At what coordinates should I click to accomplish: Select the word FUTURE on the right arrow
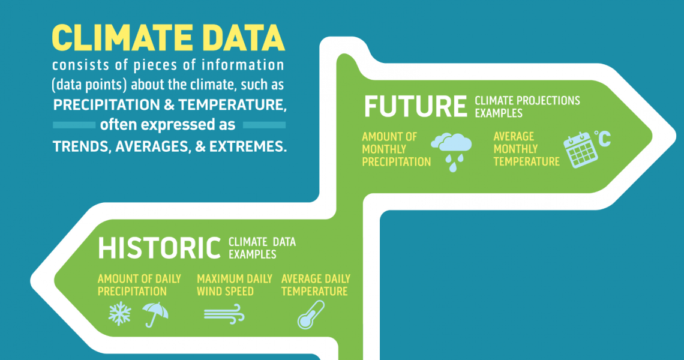coord(415,106)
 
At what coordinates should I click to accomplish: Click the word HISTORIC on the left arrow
coord(159,248)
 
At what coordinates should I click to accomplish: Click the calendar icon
coord(580,150)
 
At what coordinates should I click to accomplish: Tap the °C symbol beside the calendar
coord(603,139)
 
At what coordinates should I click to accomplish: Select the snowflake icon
coord(119,313)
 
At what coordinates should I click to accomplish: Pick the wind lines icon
coord(224,314)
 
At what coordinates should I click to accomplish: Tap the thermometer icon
coord(311,315)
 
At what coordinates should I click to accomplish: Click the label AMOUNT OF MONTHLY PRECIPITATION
coord(396,149)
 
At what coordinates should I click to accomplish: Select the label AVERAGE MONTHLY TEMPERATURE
coord(527,149)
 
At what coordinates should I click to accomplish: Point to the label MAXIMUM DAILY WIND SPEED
coord(234,285)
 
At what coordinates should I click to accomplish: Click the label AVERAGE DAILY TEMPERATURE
coord(316,285)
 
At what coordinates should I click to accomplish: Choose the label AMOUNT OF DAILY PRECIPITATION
coord(139,285)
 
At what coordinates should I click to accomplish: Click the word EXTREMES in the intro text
coord(248,146)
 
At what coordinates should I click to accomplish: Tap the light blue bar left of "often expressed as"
coord(74,125)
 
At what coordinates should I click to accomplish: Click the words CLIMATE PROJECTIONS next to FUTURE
coord(527,101)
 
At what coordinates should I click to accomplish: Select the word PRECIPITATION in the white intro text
coord(106,105)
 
